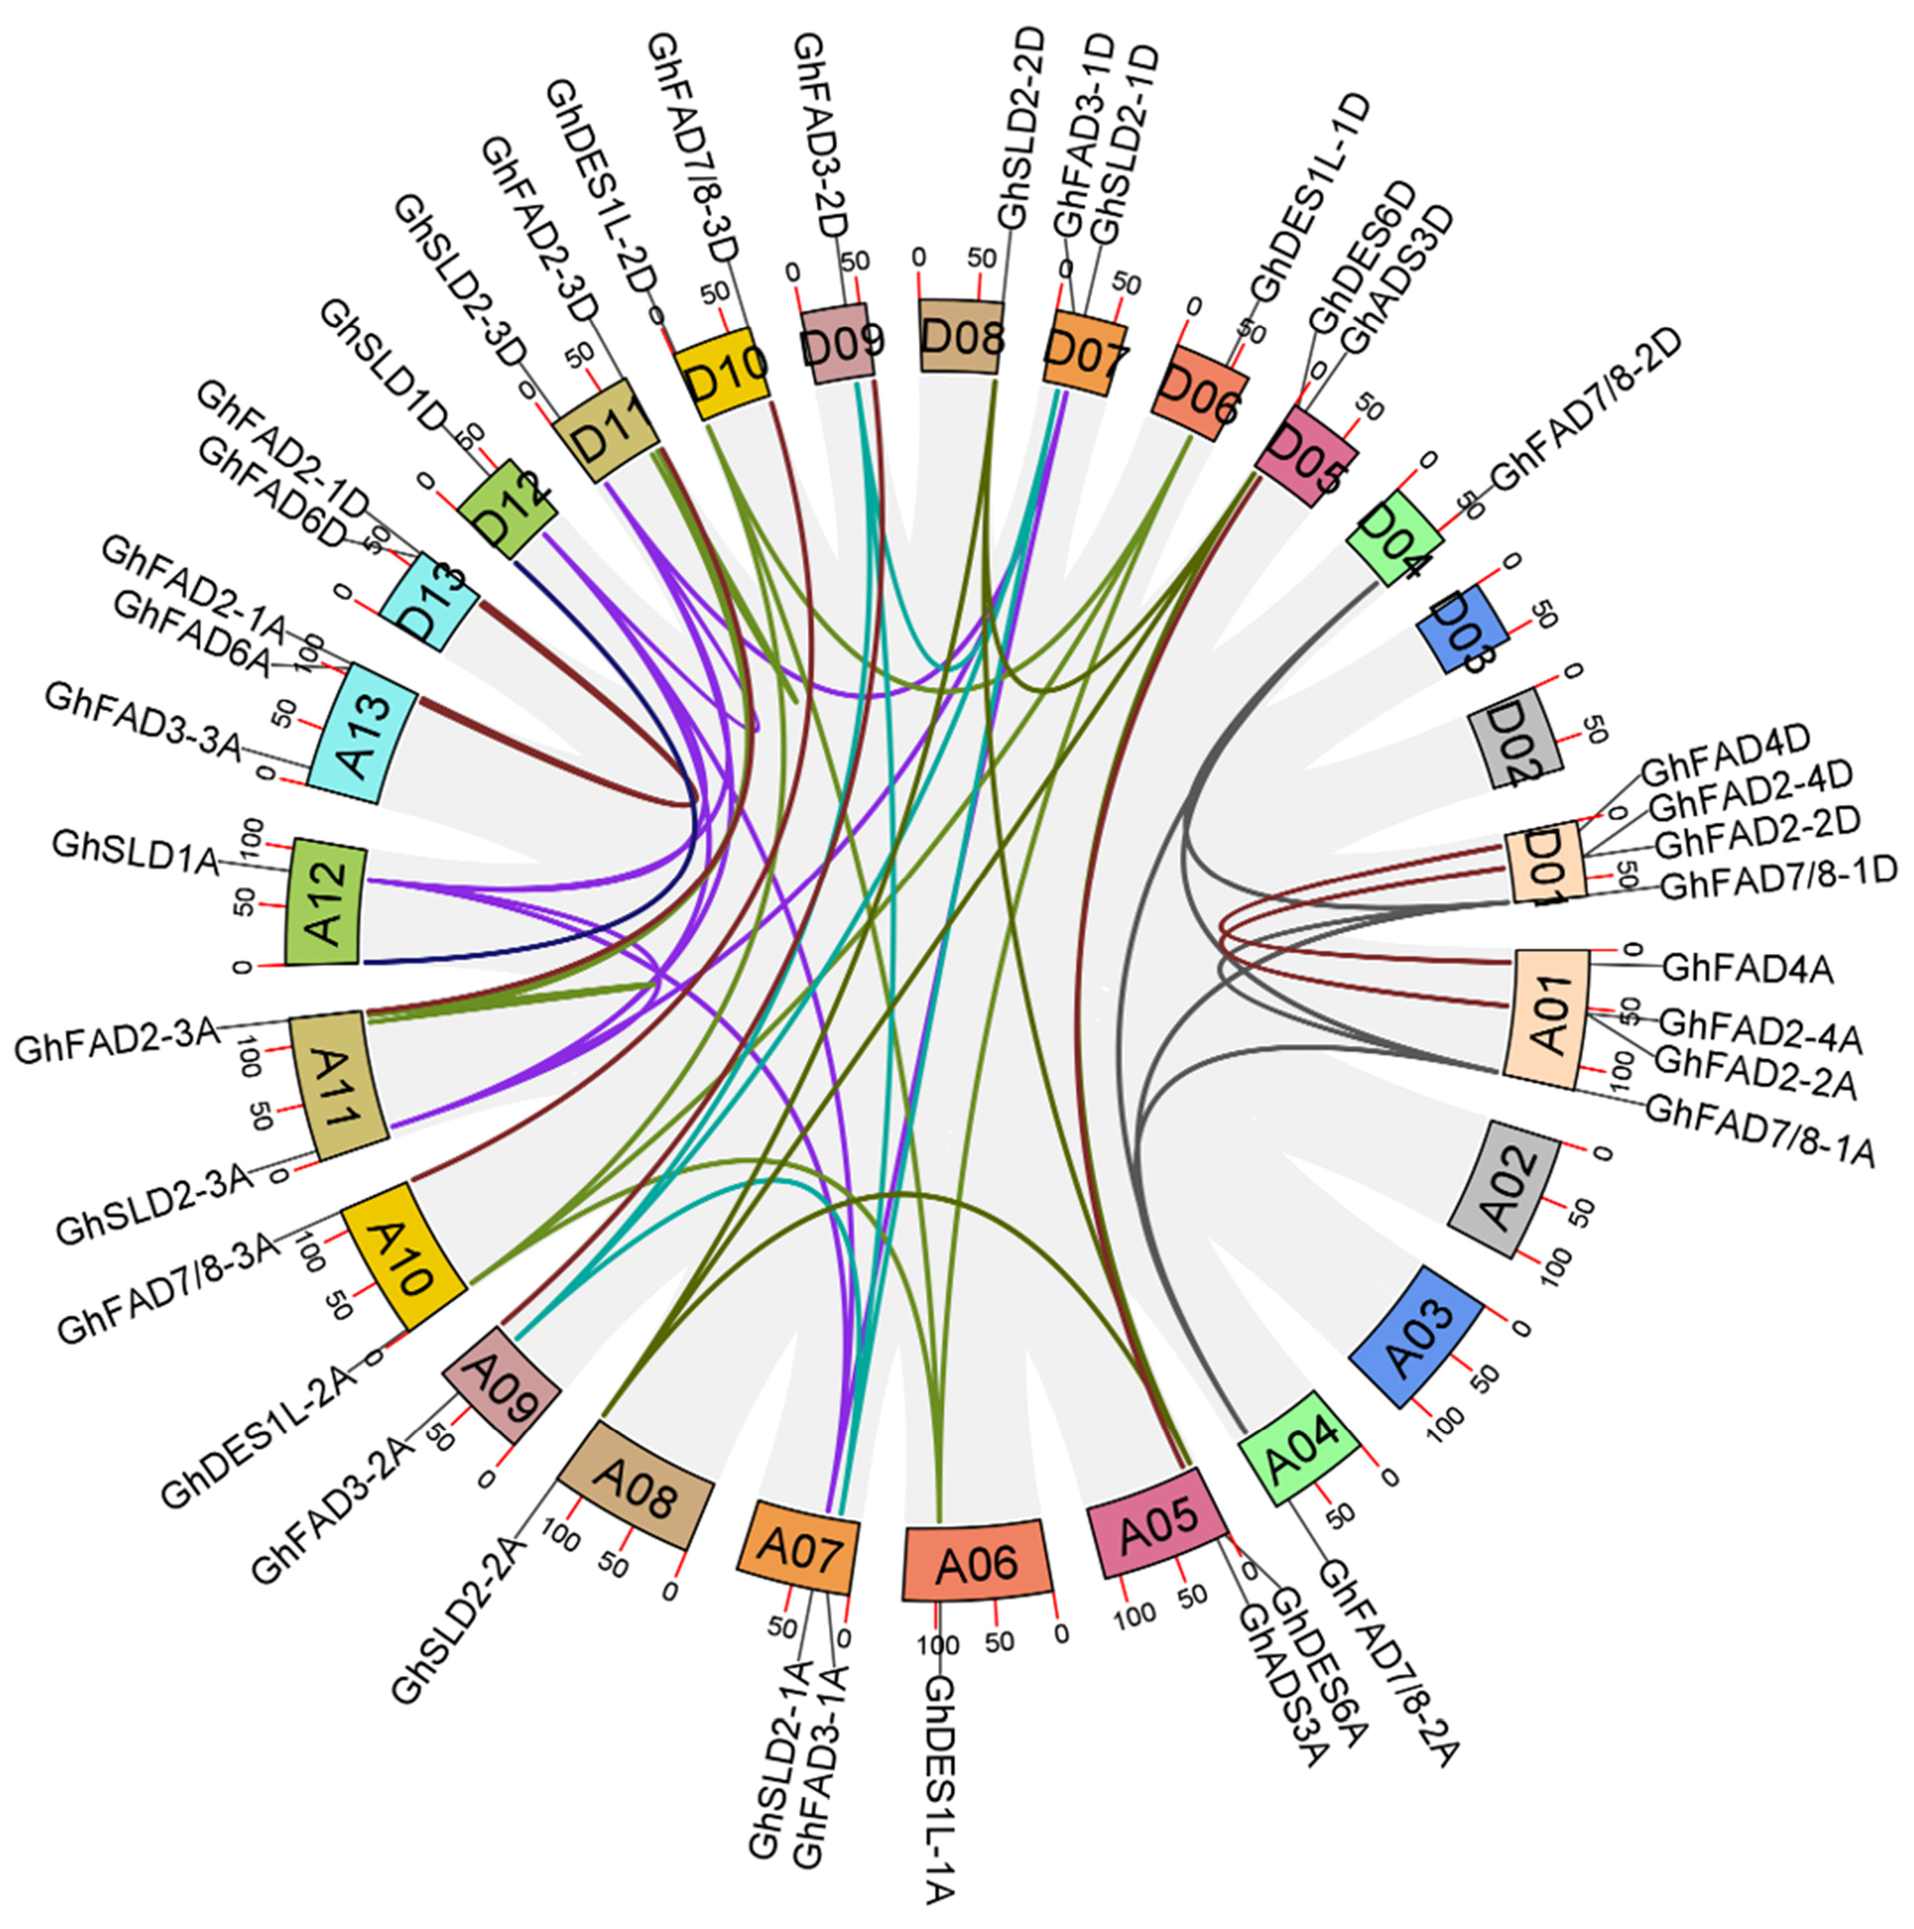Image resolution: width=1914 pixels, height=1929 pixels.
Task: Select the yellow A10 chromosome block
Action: click(403, 1255)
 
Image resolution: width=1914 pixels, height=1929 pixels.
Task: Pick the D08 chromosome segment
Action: click(961, 336)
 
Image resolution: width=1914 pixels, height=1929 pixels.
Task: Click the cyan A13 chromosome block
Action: click(362, 726)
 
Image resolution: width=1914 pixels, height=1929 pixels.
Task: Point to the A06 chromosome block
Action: click(978, 1561)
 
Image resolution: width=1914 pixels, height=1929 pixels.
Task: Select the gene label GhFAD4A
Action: click(1747, 968)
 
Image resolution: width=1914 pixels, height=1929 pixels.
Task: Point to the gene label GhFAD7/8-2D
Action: click(1587, 410)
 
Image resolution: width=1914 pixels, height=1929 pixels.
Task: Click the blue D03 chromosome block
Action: click(1461, 631)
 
